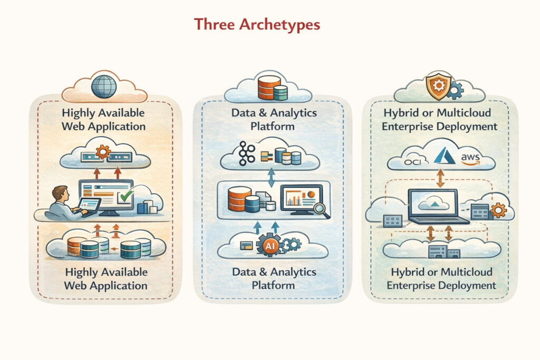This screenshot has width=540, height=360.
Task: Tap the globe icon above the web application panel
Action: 104,85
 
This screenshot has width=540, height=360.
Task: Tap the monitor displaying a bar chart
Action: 300,200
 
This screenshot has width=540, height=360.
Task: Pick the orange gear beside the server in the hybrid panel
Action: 497,211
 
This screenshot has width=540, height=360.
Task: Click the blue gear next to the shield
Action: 454,90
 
